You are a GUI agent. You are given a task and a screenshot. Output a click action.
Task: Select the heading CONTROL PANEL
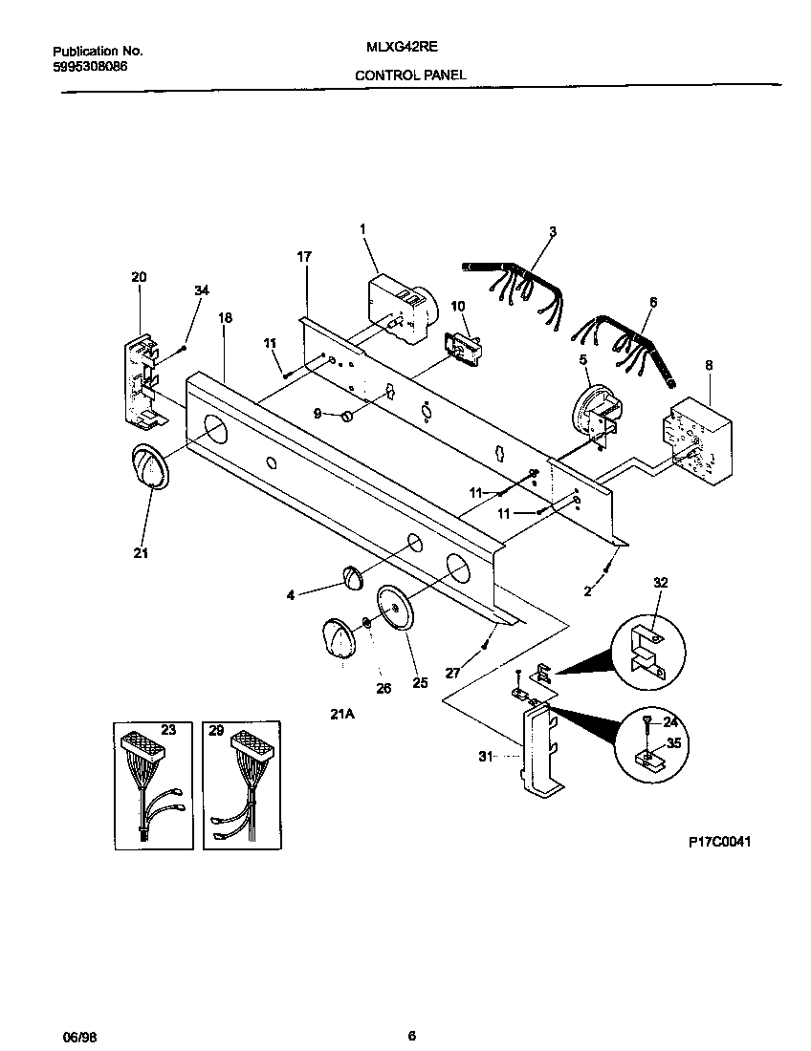(x=410, y=74)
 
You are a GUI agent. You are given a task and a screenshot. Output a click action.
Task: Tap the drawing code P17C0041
(x=720, y=842)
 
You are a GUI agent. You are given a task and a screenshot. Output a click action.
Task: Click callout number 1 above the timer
(x=362, y=228)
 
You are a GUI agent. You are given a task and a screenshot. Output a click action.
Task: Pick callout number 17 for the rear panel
(x=303, y=256)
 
